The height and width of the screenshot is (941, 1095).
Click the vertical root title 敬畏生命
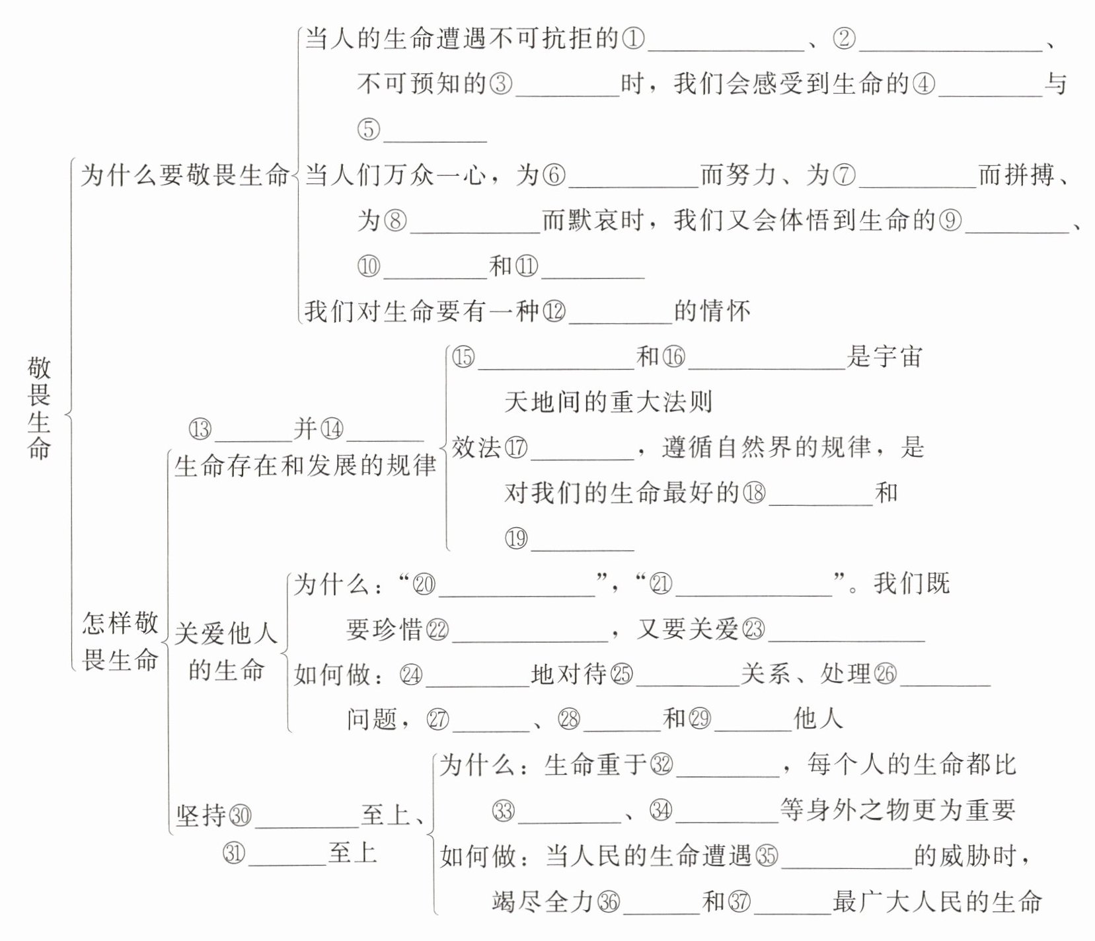pos(39,408)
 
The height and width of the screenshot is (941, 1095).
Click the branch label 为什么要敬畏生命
pos(185,176)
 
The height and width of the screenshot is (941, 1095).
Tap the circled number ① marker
pos(633,38)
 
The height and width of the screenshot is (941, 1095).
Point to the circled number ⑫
pos(554,311)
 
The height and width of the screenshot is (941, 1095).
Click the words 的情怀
pos(712,311)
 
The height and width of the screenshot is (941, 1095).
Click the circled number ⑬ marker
pos(200,429)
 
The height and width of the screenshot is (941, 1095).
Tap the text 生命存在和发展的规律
pos(305,466)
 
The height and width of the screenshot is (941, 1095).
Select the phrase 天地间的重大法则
pos(608,401)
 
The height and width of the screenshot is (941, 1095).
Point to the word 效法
pos(476,448)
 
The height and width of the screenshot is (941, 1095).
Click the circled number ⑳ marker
pos(424,584)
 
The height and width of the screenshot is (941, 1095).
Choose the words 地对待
pos(569,675)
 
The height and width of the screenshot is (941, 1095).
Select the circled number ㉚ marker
pos(240,815)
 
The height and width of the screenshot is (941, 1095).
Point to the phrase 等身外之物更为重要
pos(897,810)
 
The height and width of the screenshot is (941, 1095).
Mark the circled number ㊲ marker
pos(739,901)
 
